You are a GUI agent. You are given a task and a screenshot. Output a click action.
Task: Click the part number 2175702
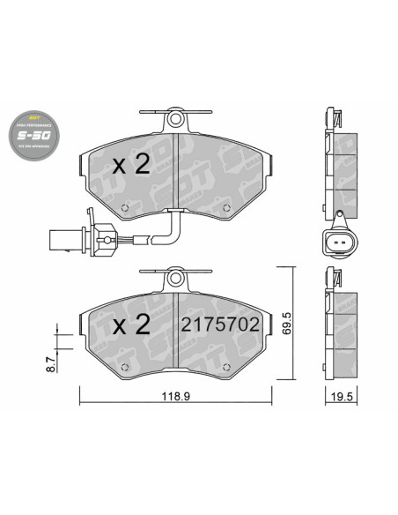pos(220,324)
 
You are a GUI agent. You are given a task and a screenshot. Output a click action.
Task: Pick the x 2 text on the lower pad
pos(131,324)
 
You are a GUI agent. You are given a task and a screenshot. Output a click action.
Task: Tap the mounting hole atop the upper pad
pos(176,117)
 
